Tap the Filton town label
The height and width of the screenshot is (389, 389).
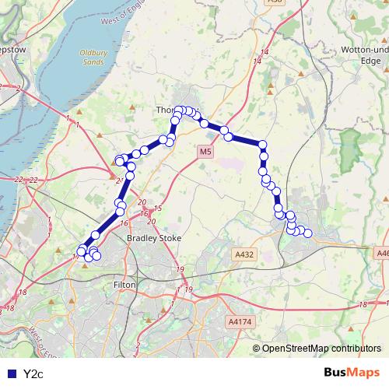[x=124, y=286]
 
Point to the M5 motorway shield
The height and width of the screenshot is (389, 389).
[x=205, y=152]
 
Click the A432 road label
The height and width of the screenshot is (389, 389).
[x=244, y=254]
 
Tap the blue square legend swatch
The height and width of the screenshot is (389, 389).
[x=10, y=374]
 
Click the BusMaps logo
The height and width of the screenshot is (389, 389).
[x=352, y=373]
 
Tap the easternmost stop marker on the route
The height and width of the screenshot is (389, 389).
[x=307, y=233]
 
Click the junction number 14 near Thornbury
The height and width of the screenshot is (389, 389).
[x=266, y=51]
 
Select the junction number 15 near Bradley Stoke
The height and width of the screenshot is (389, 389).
[x=157, y=209]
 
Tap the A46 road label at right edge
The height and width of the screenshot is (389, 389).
[x=382, y=253]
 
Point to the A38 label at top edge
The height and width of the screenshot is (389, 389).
[x=274, y=2]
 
